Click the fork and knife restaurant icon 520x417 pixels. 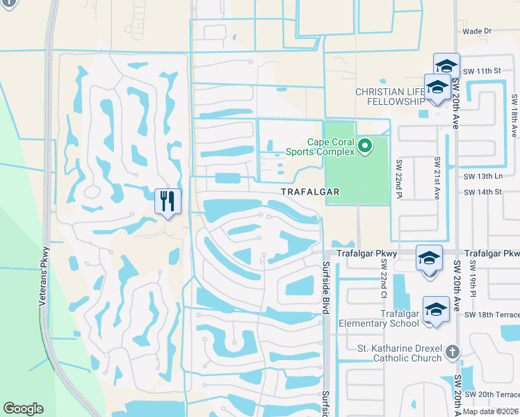[x=168, y=202]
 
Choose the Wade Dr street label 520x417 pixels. [x=477, y=31]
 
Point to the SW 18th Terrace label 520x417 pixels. [x=491, y=315]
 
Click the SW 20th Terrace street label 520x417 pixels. [x=491, y=394]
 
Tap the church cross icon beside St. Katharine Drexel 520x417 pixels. [x=453, y=352]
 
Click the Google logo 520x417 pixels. [x=23, y=409]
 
